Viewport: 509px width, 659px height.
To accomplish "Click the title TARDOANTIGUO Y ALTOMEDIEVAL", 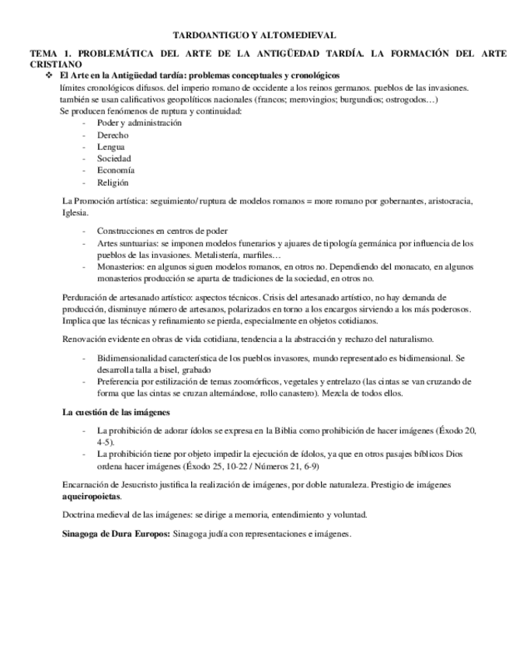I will coord(253,35).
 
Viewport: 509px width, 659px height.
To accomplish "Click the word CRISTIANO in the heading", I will coord(55,64).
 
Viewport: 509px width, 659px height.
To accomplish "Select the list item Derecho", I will coord(113,135).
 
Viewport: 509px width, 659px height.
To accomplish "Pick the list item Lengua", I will coord(110,147).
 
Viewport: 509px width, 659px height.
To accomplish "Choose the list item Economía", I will coord(115,170).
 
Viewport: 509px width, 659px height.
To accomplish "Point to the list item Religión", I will coord(113,183).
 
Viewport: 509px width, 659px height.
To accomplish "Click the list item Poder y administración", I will coord(139,123).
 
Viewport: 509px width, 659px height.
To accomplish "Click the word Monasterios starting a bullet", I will coord(119,266).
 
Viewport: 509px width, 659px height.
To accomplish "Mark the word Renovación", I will coord(83,339).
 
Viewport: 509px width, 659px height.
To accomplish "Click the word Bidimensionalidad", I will coord(135,358).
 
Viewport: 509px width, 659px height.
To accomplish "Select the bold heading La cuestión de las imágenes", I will coord(116,412).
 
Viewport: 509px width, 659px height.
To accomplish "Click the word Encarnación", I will coord(85,485).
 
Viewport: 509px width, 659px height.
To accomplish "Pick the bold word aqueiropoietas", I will coord(92,496).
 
